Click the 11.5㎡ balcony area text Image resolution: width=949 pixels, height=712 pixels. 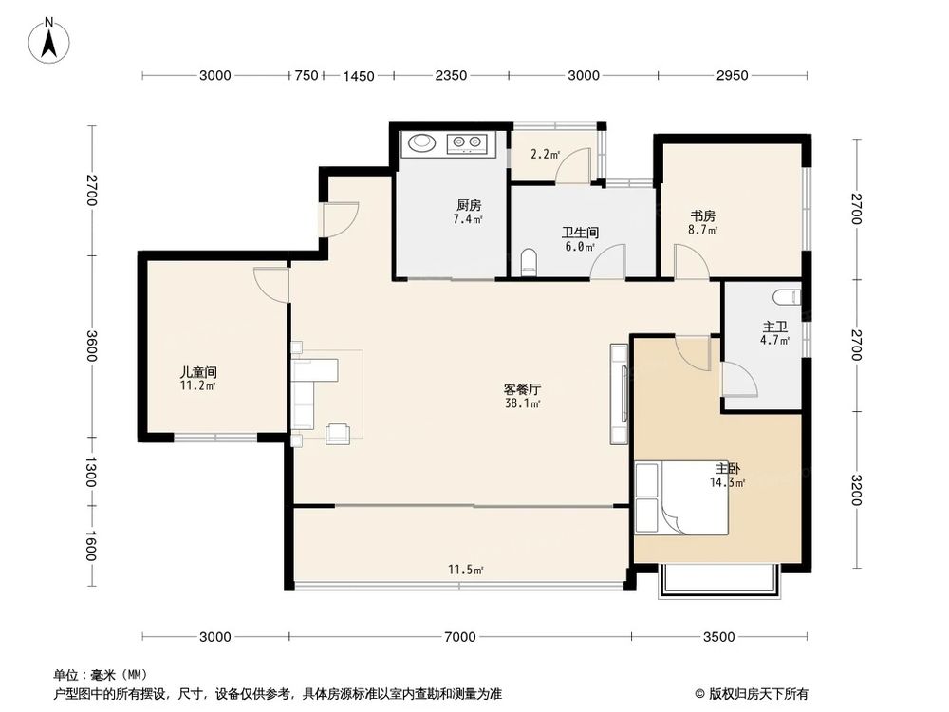coord(466,570)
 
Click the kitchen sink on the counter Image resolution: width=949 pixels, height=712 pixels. coord(420,144)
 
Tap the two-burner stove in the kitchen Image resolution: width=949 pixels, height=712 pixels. coord(467,144)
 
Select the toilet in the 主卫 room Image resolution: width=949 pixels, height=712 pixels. coord(786,297)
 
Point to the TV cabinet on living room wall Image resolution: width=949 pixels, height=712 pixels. coord(619,394)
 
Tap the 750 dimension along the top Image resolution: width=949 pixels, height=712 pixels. coord(305,76)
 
